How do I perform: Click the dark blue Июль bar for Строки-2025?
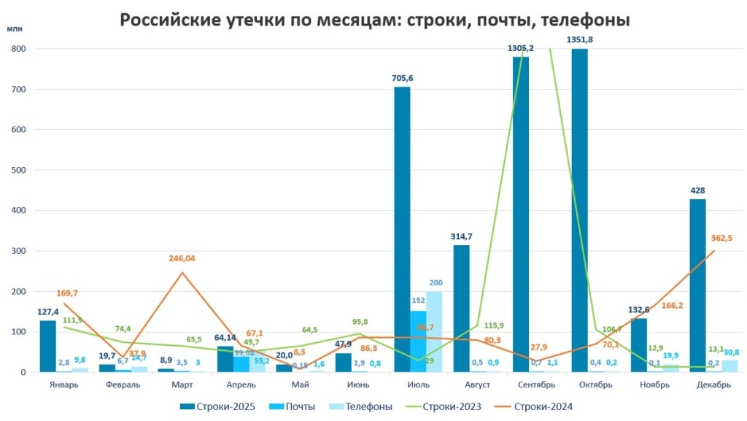coord(402,229)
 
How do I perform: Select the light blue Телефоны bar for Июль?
coord(434,332)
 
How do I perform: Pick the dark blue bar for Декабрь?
coord(697,285)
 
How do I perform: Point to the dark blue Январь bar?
coord(48,347)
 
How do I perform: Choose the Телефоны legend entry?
coord(363,406)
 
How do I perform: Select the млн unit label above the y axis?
coord(15,29)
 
